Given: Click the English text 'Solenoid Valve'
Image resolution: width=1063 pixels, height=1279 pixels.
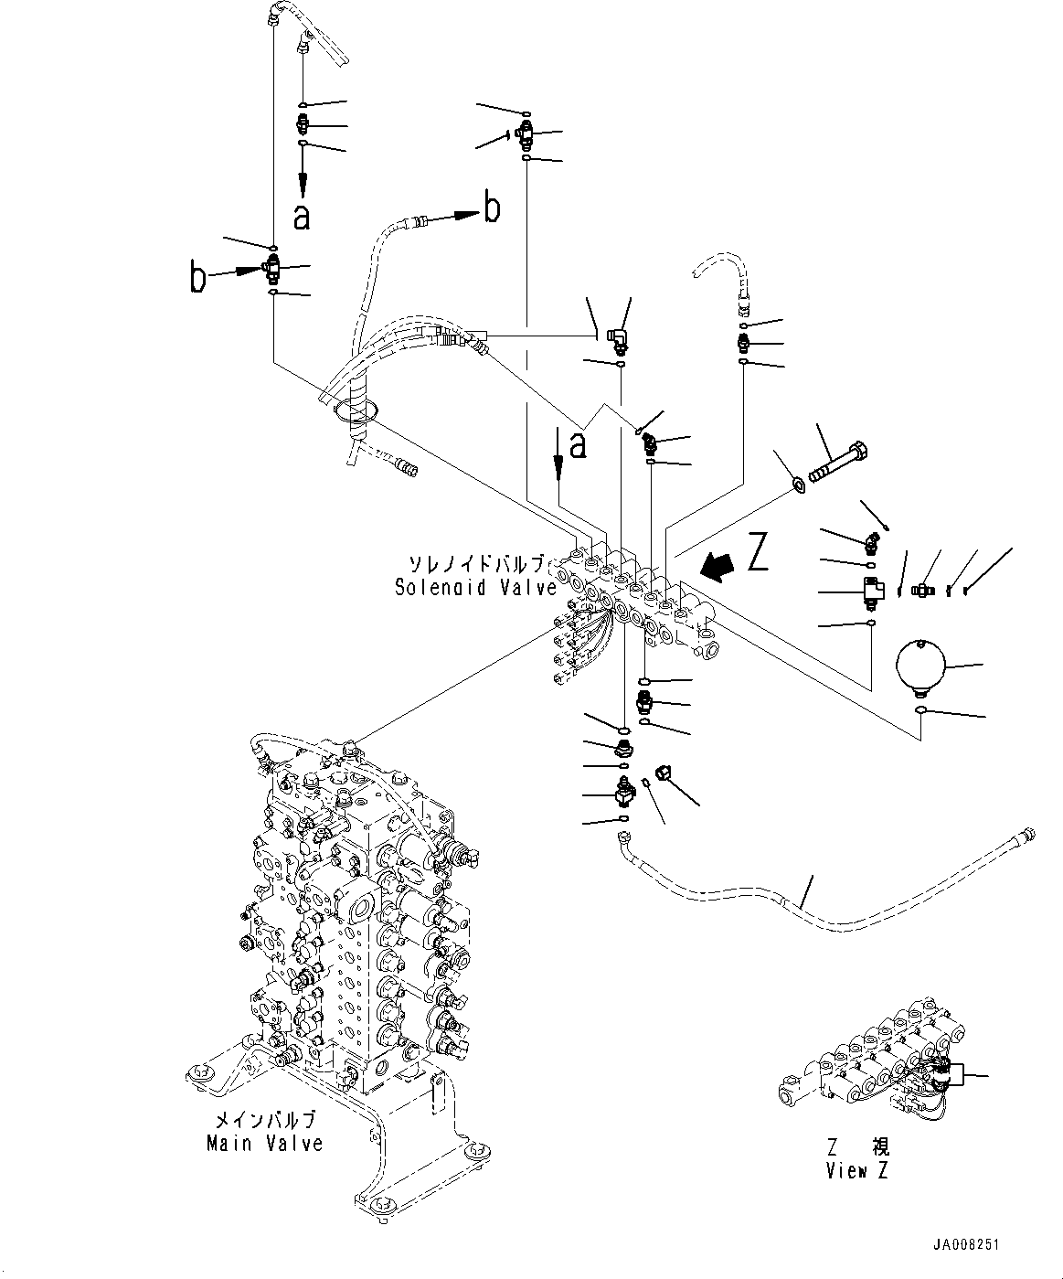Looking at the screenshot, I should pyautogui.click(x=474, y=587).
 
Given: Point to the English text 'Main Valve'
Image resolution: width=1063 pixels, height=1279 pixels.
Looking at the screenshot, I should pyautogui.click(x=264, y=1144).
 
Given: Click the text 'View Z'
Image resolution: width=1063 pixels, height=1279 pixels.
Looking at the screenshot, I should pyautogui.click(x=856, y=1171).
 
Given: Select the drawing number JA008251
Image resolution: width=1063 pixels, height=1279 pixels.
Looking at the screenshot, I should pyautogui.click(x=968, y=1246).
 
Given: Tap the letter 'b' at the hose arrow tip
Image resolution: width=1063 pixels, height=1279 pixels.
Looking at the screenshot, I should pyautogui.click(x=491, y=208).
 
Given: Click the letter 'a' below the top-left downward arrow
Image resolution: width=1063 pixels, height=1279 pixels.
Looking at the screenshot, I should pyautogui.click(x=302, y=217).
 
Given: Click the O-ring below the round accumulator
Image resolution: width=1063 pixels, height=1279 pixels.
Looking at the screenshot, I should pyautogui.click(x=922, y=711).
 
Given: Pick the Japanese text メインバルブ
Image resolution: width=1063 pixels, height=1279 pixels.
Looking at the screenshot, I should pyautogui.click(x=264, y=1121).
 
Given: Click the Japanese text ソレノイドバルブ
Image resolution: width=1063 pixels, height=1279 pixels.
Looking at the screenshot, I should pyautogui.click(x=476, y=564).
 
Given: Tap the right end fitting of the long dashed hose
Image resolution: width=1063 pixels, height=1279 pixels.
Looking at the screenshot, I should pyautogui.click(x=1029, y=834).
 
